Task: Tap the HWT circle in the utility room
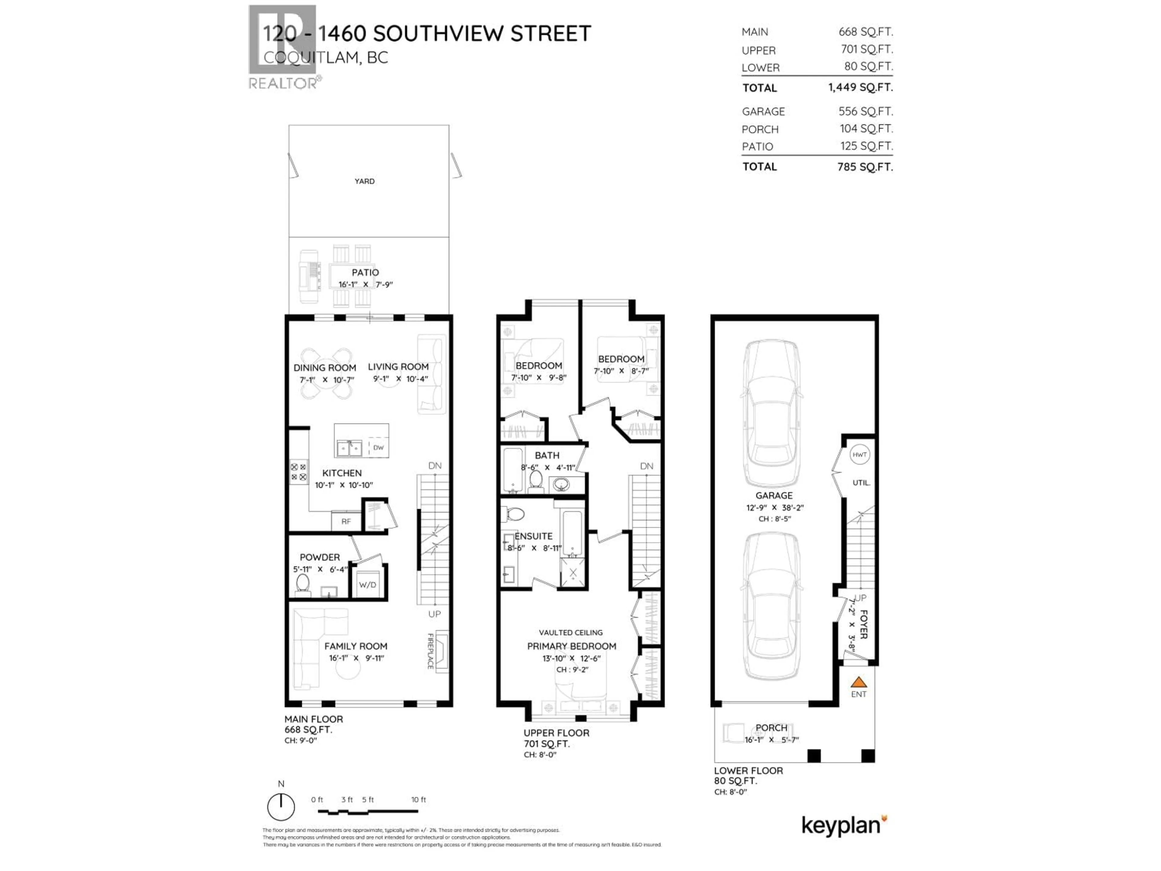859,455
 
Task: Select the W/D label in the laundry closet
367,585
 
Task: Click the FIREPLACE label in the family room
431,651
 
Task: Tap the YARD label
364,181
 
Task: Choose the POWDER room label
320,557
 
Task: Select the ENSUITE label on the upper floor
533,536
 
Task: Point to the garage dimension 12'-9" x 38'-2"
775,508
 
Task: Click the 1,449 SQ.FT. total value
860,87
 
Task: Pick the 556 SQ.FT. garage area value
866,111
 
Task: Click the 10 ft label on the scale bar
418,800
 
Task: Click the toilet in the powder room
302,584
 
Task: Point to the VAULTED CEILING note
571,633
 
